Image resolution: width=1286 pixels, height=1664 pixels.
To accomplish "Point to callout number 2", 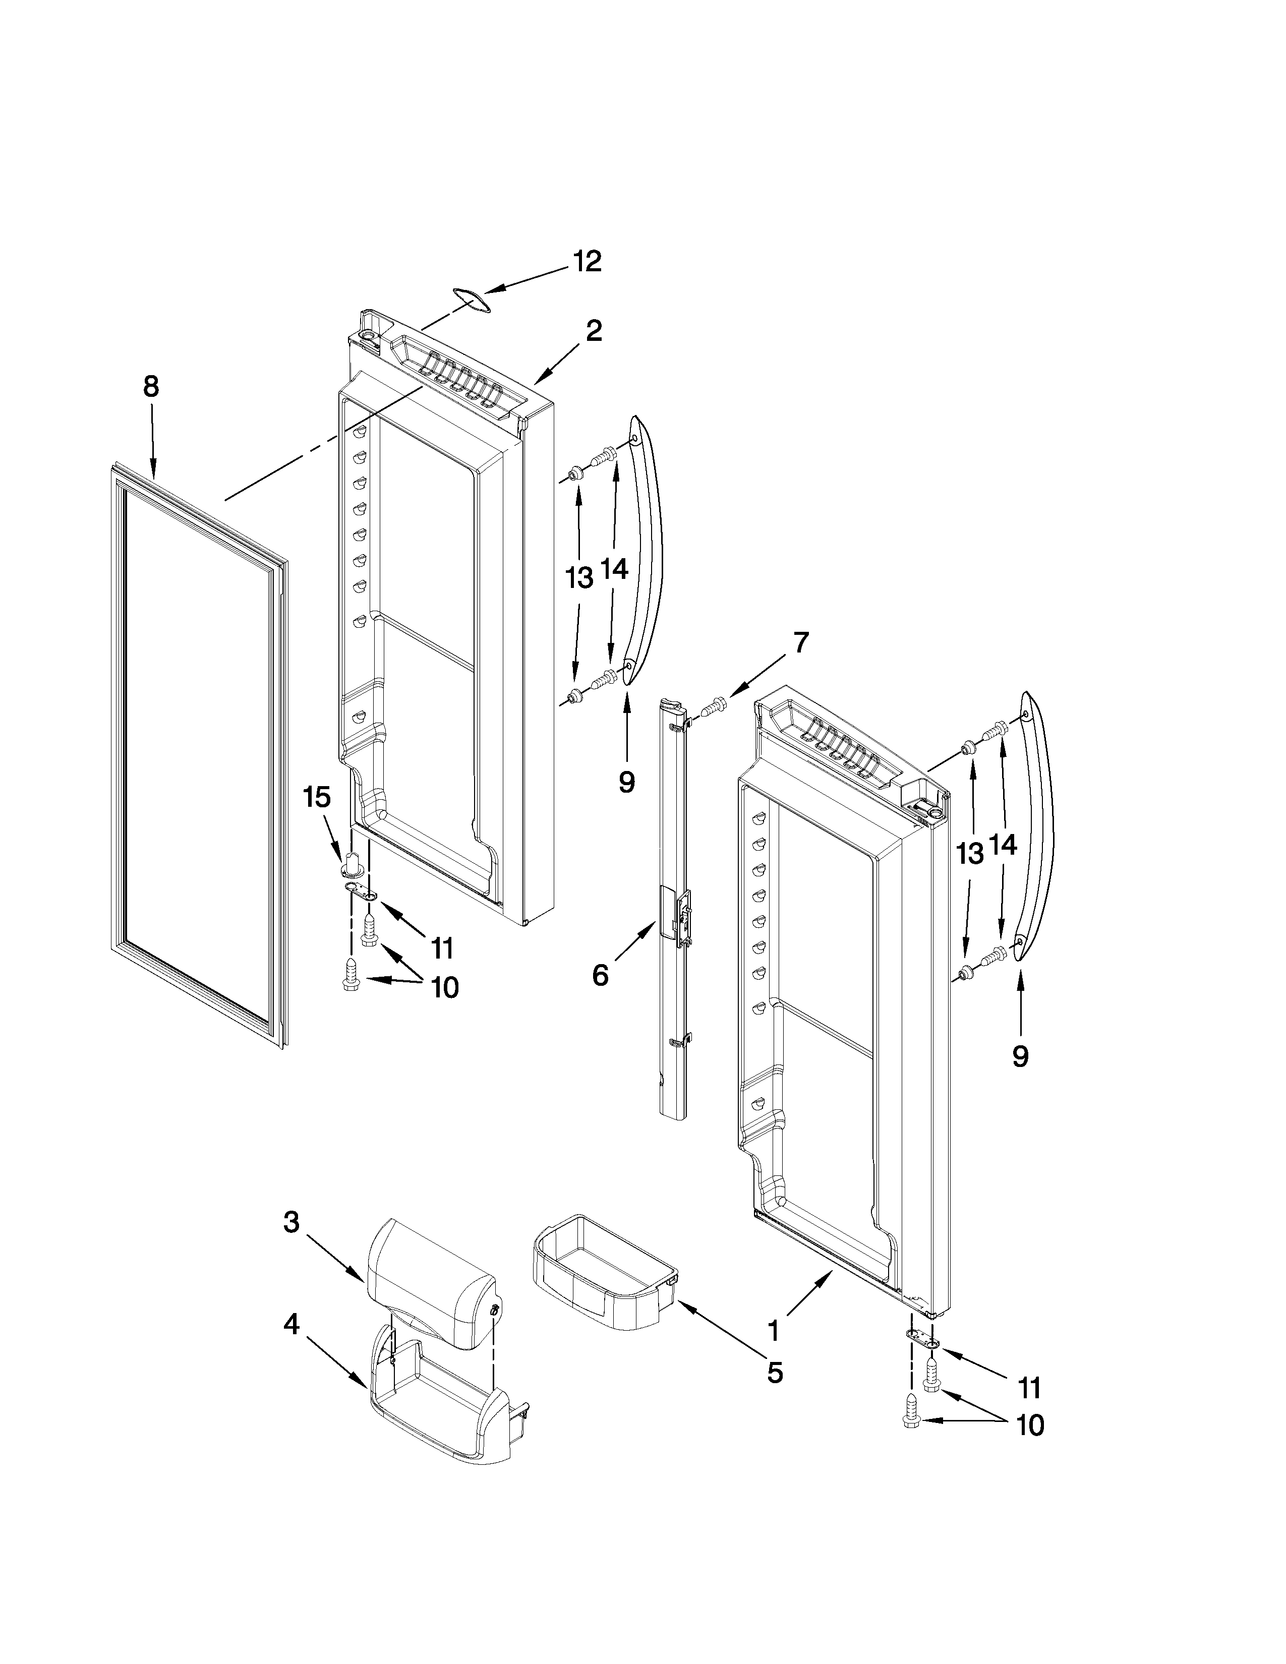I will [x=594, y=331].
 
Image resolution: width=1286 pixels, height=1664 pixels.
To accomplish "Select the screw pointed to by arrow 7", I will [x=713, y=706].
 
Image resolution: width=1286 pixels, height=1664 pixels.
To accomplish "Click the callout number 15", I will [x=317, y=798].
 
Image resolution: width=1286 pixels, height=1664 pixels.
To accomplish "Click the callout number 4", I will [x=291, y=1325].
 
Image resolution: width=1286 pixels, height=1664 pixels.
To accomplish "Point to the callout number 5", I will [x=774, y=1373].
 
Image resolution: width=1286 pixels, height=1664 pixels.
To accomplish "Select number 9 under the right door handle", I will [x=1020, y=1055].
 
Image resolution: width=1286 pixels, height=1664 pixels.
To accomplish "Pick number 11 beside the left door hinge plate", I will [x=442, y=948].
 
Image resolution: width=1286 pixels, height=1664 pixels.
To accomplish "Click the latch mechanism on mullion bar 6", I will [x=680, y=914].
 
